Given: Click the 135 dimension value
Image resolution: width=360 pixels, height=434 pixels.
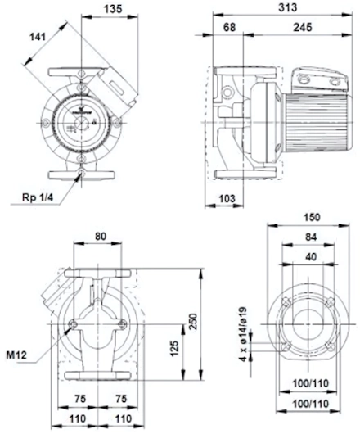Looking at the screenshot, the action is (x=113, y=9).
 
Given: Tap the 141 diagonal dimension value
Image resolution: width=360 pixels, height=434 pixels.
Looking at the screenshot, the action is (x=38, y=37).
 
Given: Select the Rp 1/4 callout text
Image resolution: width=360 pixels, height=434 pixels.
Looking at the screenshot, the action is (x=37, y=197).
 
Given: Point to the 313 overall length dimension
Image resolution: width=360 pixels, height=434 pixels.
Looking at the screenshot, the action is (x=287, y=7).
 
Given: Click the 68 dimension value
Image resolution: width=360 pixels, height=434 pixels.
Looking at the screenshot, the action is (x=229, y=27).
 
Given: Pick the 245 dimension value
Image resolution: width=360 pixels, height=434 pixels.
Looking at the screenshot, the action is (x=303, y=27).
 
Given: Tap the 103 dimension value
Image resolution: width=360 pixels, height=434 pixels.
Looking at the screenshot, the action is (x=227, y=198).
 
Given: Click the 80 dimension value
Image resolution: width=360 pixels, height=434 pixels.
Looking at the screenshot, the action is (x=101, y=236).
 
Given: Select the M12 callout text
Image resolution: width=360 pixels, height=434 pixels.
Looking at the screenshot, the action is (x=16, y=355).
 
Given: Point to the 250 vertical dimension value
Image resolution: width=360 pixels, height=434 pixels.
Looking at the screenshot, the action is (x=194, y=321).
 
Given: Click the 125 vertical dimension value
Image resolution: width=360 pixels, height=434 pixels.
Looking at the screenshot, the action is (x=174, y=349).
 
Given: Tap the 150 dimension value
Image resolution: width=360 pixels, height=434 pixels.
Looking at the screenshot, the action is (x=312, y=217).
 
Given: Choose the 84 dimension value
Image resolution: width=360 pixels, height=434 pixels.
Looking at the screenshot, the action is (x=311, y=237).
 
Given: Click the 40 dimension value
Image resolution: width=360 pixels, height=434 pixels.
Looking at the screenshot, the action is (x=311, y=257).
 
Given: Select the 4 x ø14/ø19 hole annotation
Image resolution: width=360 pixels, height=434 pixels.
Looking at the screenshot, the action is (x=243, y=334).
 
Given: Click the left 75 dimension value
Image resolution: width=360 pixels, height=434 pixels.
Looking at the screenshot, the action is (x=80, y=399).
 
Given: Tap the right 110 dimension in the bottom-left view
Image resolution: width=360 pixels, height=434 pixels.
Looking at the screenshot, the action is (x=123, y=418).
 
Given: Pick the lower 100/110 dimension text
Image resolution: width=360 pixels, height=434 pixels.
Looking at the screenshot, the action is (x=311, y=404).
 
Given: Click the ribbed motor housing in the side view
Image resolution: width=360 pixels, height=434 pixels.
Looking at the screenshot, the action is (x=317, y=122).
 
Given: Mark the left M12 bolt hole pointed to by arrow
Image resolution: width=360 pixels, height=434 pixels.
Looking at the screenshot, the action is (x=73, y=324).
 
